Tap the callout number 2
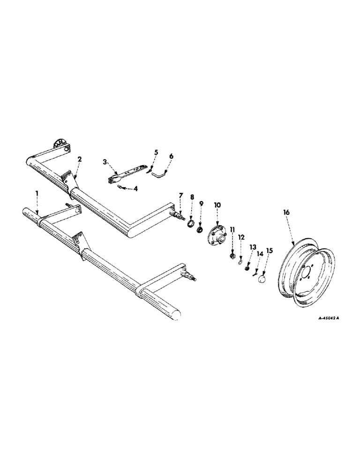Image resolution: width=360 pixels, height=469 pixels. pos(79,159)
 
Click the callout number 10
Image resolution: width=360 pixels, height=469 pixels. pos(217,205)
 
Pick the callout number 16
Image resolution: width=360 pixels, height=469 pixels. pos(287,212)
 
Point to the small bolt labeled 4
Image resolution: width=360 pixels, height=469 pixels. pos(120,187)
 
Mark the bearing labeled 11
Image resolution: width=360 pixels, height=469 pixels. pos(232,256)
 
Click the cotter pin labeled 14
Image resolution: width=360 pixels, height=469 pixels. pos(256,272)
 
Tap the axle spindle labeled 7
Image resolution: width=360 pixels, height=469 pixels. pos(180,216)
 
